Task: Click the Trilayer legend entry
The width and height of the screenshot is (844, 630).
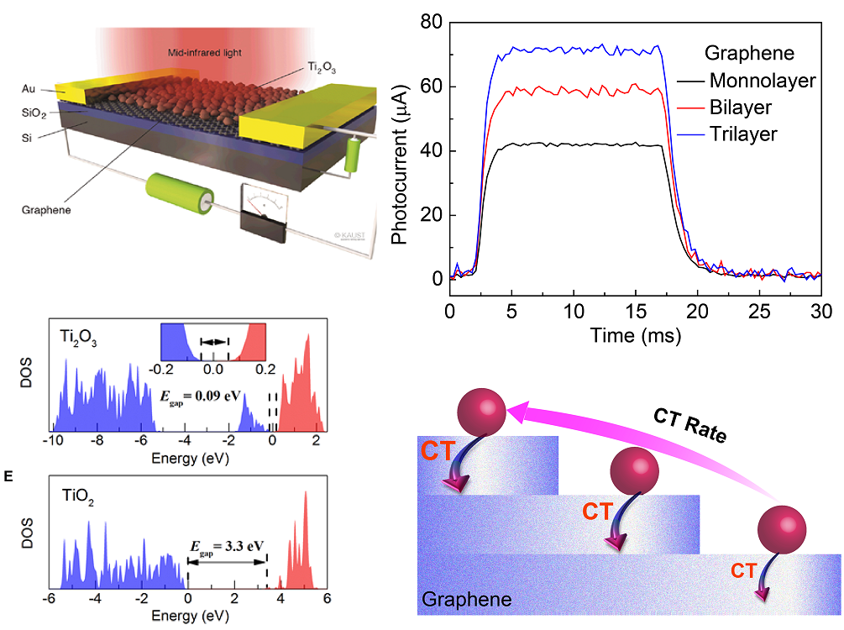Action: click(x=743, y=134)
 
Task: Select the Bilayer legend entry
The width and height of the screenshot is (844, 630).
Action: click(x=739, y=108)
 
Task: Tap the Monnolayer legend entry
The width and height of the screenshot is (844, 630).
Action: click(x=761, y=81)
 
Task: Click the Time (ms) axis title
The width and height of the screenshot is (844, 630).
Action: click(x=635, y=333)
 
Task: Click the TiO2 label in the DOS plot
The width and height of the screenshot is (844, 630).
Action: click(x=79, y=496)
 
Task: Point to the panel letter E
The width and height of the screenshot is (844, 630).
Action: click(x=8, y=477)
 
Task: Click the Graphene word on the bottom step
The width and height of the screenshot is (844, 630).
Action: click(x=466, y=600)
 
